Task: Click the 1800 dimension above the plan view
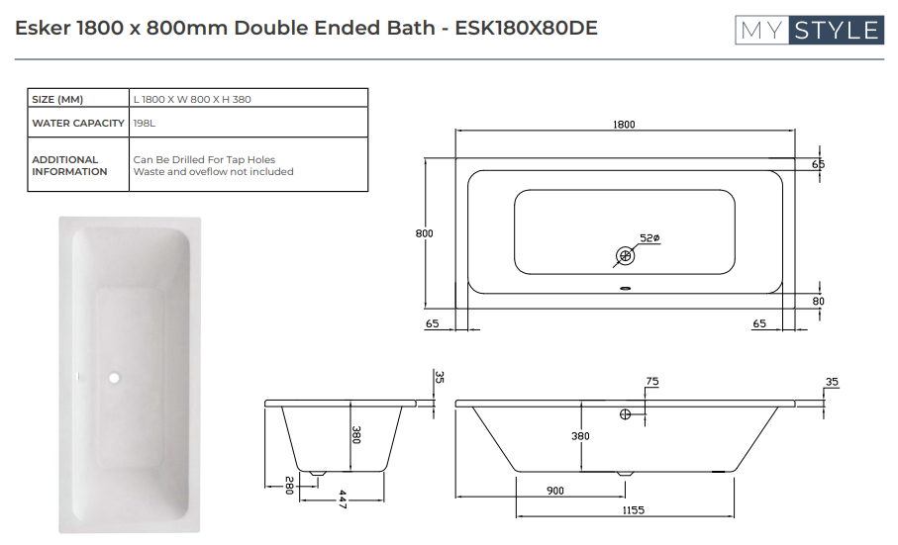[x=624, y=125]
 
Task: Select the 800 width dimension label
[x=425, y=233]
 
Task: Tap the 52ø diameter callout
[x=649, y=238]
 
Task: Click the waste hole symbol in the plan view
[x=625, y=256]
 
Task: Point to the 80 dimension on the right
[x=818, y=301]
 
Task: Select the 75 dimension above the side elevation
[x=651, y=381]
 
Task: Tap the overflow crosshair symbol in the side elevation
[x=625, y=414]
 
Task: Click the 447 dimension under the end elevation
[x=343, y=498]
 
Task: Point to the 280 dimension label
[x=289, y=486]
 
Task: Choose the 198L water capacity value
[x=144, y=124]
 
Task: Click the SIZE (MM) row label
[x=57, y=99]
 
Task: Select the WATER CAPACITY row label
[x=78, y=124]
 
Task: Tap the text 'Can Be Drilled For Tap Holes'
[x=204, y=159]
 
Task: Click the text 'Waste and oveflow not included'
[x=213, y=171]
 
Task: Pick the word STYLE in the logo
[x=836, y=31]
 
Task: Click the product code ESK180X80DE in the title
[x=526, y=28]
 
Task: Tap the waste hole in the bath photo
[x=115, y=377]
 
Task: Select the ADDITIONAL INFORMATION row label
[x=69, y=165]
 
